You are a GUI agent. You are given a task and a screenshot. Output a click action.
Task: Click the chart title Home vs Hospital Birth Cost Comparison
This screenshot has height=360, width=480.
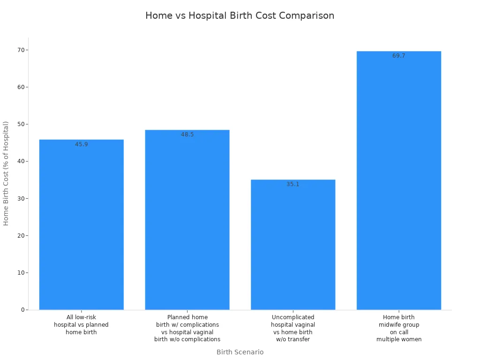pyautogui.click(x=240, y=15)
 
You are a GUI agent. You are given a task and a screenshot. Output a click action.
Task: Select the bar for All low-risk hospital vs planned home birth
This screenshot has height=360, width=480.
pyautogui.click(x=81, y=225)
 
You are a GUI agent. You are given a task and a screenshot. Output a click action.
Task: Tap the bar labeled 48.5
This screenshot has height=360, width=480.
pyautogui.click(x=187, y=220)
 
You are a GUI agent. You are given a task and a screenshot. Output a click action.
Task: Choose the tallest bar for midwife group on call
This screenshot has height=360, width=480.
pyautogui.click(x=399, y=180)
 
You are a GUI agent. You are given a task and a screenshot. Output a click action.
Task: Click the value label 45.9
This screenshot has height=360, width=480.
pyautogui.click(x=82, y=144)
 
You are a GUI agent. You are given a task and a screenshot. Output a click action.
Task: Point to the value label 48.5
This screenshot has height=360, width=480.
pyautogui.click(x=187, y=135)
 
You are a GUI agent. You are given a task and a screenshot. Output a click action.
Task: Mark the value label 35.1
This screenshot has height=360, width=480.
pyautogui.click(x=293, y=184)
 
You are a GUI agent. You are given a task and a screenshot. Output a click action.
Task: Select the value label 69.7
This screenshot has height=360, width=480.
pyautogui.click(x=399, y=56)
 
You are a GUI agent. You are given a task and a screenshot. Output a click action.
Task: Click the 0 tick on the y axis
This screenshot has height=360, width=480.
pyautogui.click(x=22, y=310)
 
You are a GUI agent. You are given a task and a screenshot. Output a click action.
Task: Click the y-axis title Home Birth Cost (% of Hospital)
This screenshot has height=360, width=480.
pyautogui.click(x=6, y=173)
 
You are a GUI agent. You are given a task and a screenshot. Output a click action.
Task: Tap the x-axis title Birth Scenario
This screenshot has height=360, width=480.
pyautogui.click(x=240, y=352)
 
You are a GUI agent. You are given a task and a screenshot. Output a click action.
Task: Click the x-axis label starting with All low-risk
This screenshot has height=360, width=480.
pyautogui.click(x=81, y=325)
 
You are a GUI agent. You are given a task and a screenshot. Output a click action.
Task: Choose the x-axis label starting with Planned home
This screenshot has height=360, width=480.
pyautogui.click(x=187, y=328)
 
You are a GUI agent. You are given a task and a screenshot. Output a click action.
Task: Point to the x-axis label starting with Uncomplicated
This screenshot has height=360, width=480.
pyautogui.click(x=293, y=328)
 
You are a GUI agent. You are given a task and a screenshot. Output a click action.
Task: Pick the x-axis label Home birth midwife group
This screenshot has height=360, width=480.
pyautogui.click(x=399, y=328)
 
